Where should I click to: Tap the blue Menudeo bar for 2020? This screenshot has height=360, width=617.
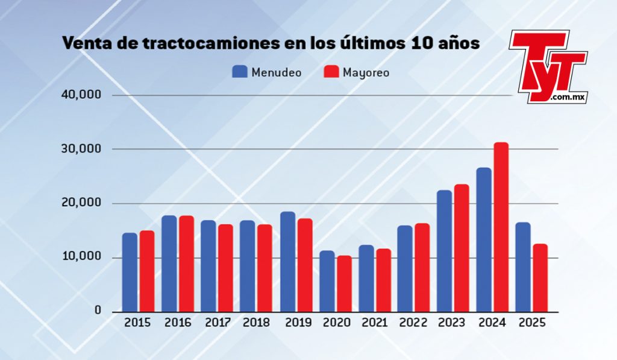[x=327, y=281]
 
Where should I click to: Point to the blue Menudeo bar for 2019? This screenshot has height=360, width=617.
[x=287, y=262]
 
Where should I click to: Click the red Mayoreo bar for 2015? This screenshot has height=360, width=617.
[x=147, y=271]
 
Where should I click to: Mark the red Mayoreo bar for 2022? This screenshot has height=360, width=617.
[x=422, y=267]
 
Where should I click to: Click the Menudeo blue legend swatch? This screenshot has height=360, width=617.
[x=240, y=72]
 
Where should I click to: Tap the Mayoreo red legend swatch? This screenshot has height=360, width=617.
[x=331, y=72]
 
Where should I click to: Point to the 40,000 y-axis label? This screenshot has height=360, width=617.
[x=82, y=95]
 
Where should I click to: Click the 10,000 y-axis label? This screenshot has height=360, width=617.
[x=82, y=257]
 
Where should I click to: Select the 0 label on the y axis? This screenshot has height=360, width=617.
[x=96, y=311]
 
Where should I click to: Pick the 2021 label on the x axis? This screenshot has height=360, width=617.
[x=374, y=323]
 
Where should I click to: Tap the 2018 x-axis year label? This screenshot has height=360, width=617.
[x=256, y=323]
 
